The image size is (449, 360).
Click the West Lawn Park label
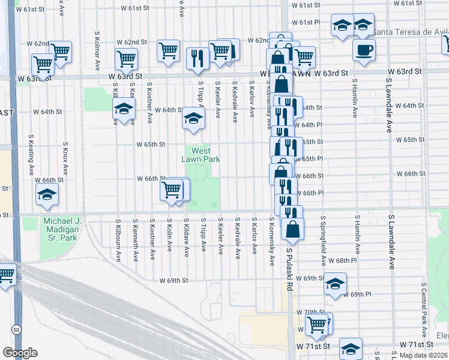tap(200, 155)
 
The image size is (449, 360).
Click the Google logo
tap(19, 353)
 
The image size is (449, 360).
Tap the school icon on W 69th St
tap(336, 283)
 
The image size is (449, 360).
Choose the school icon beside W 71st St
tap(351, 347)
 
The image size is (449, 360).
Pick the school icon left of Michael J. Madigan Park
tap(47, 194)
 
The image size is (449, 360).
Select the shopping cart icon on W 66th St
tap(171, 190)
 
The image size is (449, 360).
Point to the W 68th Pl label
tap(363, 261)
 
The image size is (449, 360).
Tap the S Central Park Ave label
tap(424, 304)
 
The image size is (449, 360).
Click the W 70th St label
tap(313, 312)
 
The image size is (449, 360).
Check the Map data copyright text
tap(424, 355)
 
